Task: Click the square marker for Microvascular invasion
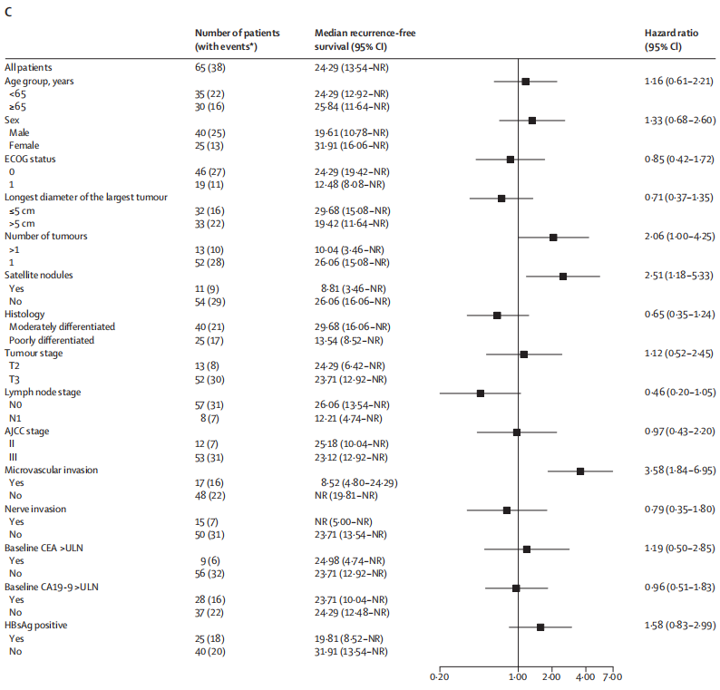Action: click(x=580, y=471)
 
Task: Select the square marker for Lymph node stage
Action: click(x=481, y=393)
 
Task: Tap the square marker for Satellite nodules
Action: click(x=563, y=276)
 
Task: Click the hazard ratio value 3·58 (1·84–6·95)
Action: click(x=676, y=471)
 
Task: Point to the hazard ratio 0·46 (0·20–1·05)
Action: click(x=676, y=393)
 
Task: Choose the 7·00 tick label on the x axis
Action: click(x=612, y=676)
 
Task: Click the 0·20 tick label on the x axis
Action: click(x=439, y=676)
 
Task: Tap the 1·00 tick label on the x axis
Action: click(x=518, y=676)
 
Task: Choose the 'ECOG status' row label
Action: click(x=31, y=159)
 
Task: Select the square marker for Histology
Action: click(x=497, y=315)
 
